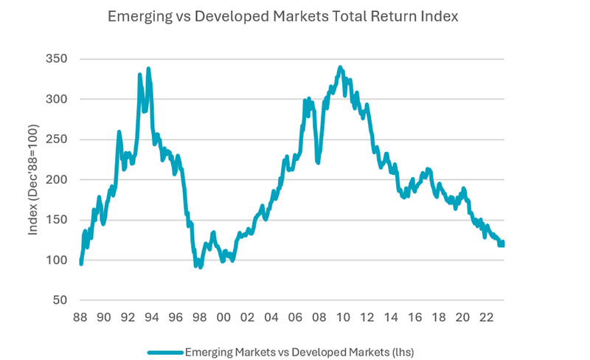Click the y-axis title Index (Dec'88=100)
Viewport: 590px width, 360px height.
click(34, 179)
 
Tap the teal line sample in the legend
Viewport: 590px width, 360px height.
click(165, 351)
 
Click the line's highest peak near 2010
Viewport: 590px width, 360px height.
click(340, 68)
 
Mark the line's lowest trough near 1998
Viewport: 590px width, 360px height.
click(200, 266)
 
